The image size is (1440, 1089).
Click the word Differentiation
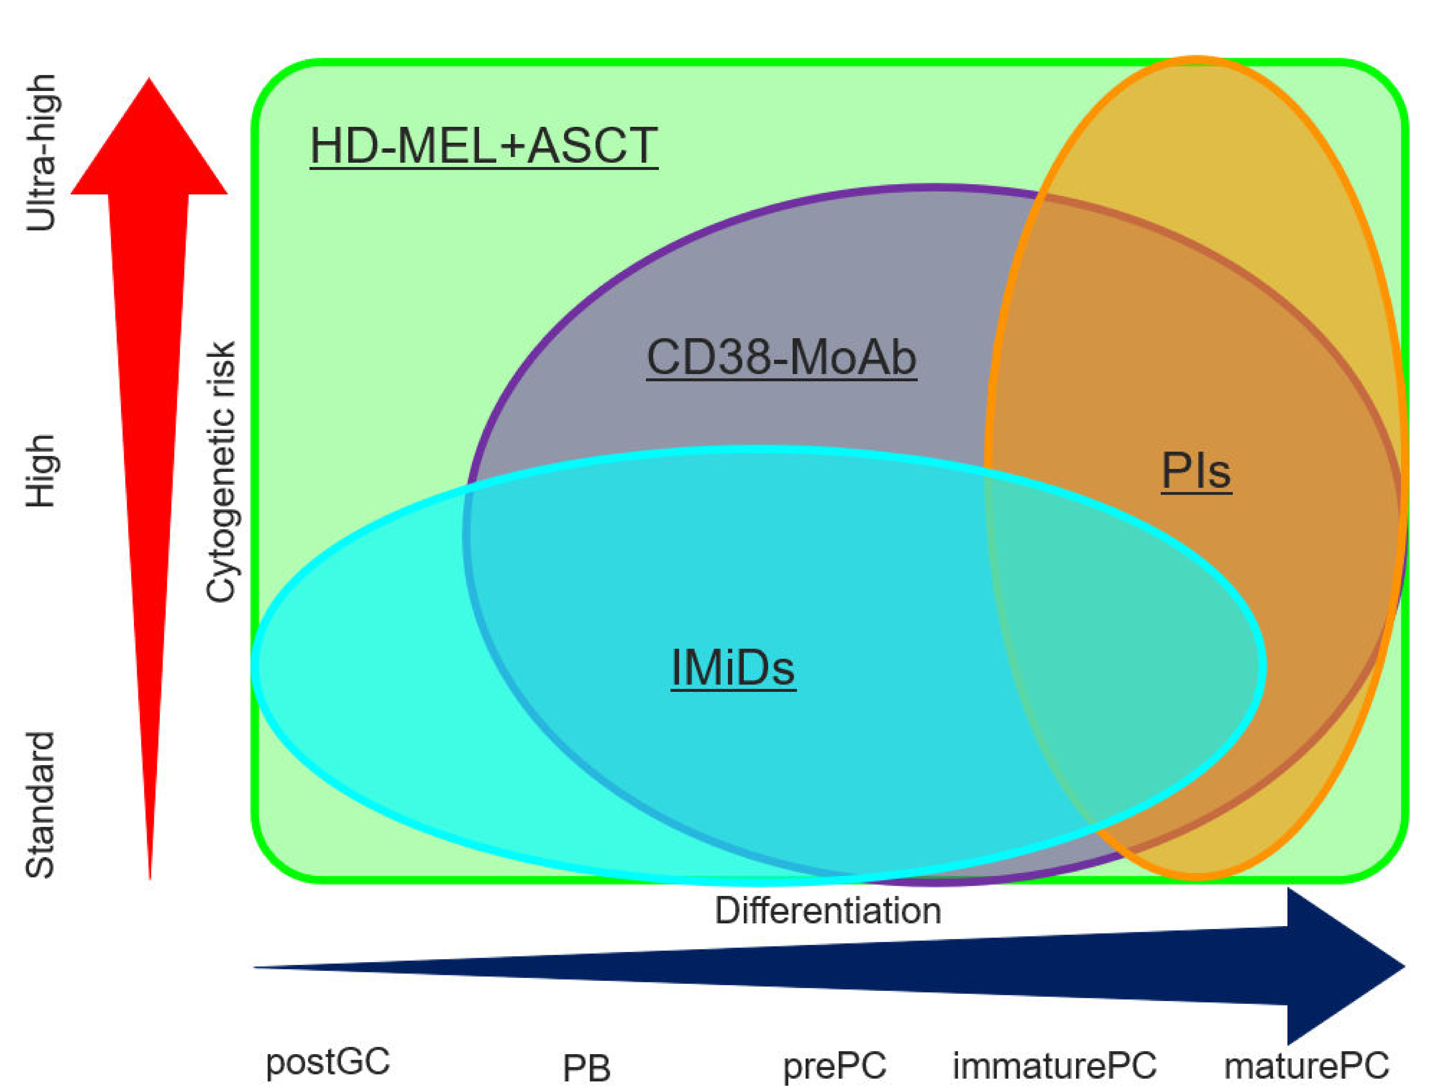827,910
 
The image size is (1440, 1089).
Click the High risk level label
40,471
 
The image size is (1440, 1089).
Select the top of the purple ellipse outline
931,188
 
